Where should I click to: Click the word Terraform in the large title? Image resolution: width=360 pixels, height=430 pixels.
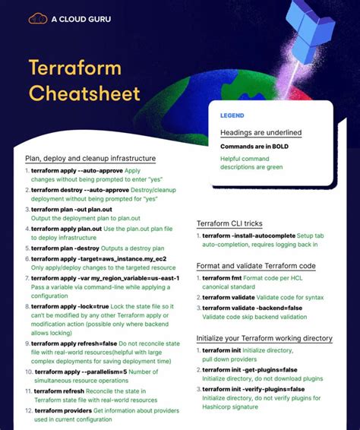pyautogui.click(x=74, y=68)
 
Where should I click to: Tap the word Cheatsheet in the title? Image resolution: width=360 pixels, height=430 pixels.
pyautogui.click(x=84, y=93)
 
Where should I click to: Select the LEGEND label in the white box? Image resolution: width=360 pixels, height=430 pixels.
pyautogui.click(x=232, y=116)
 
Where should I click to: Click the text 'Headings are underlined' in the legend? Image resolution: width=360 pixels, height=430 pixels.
pyautogui.click(x=261, y=132)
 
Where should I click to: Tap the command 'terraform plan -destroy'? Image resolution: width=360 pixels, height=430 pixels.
pyautogui.click(x=66, y=248)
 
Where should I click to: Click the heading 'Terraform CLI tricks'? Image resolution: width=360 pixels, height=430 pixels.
pyautogui.click(x=229, y=224)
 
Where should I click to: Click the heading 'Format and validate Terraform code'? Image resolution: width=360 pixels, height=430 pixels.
pyautogui.click(x=256, y=267)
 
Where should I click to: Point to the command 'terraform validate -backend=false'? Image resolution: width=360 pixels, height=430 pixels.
pyautogui.click(x=252, y=308)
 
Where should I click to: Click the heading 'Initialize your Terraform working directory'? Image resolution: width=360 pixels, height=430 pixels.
pyautogui.click(x=264, y=338)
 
